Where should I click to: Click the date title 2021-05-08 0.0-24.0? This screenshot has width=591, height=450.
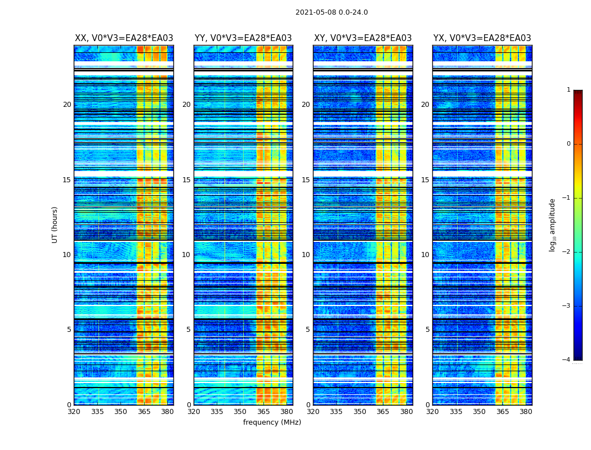(332, 12)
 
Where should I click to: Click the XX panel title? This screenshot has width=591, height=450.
(124, 38)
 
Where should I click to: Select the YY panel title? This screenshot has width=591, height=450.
(243, 38)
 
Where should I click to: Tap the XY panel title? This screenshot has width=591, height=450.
(362, 38)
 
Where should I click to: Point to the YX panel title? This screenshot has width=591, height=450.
(482, 38)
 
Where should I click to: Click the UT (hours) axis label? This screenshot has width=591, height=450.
(55, 224)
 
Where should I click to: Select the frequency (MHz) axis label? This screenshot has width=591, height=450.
(272, 422)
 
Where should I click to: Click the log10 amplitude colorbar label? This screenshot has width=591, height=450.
(553, 224)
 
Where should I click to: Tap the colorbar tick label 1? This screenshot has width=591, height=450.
(568, 90)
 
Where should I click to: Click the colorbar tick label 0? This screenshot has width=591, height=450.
(568, 144)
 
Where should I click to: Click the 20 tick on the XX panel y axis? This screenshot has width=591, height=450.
(67, 105)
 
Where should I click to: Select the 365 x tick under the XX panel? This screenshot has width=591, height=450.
(144, 412)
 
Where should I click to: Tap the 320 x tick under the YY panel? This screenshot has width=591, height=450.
(194, 412)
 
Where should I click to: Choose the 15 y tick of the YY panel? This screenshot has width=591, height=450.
(186, 180)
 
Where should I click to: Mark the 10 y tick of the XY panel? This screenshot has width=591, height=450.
(306, 255)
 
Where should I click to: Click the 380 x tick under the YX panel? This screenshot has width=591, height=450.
(526, 412)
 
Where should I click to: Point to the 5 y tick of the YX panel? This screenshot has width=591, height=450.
(427, 330)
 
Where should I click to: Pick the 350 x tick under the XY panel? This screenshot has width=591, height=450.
(360, 412)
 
